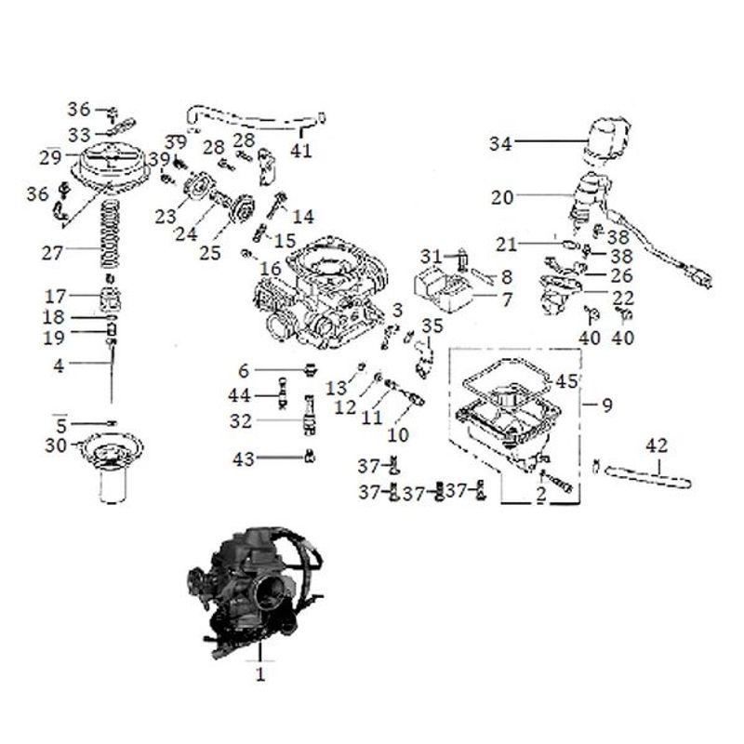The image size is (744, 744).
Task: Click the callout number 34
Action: (501, 143)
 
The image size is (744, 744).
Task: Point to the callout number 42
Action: (657, 445)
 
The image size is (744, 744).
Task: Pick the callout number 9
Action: (607, 405)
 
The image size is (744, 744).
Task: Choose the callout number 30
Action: (57, 446)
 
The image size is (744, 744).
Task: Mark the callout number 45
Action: (566, 381)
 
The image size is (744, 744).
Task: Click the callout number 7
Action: (507, 299)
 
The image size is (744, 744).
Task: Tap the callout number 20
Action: (502, 197)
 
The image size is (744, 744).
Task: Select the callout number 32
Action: (242, 421)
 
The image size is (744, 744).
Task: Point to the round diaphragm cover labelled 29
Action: (110, 165)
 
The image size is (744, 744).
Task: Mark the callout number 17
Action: (56, 297)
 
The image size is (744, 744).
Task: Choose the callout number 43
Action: (242, 458)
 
